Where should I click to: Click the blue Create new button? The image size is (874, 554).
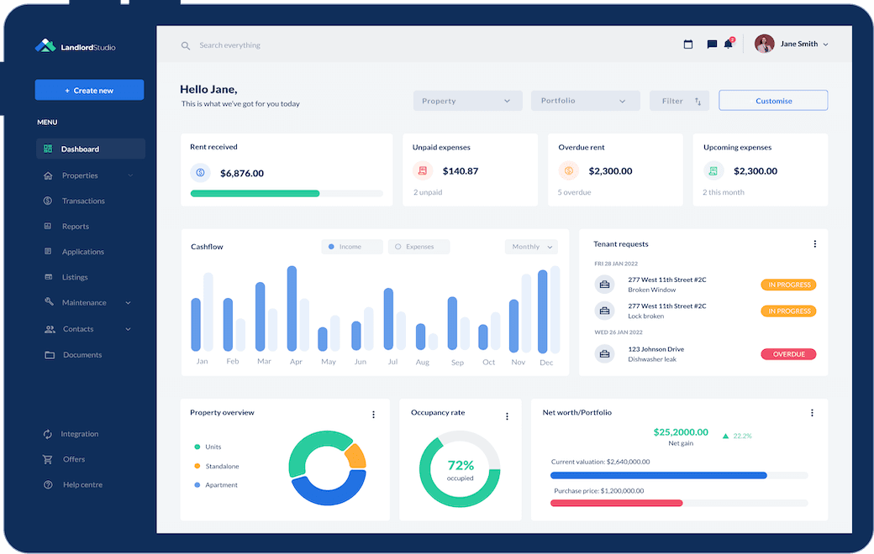coord(89,91)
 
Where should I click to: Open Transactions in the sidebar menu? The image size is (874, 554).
coord(82,201)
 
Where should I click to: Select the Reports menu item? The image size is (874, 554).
coord(75,227)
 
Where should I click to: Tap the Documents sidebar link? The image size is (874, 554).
coord(82,355)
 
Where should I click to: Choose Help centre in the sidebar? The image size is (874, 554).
coord(82,485)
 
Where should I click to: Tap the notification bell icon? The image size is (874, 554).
coord(729,44)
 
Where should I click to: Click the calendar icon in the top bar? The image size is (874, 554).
coord(688,44)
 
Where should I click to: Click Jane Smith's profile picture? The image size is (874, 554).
coord(764,44)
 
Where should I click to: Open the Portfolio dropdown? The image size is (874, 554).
coord(585,101)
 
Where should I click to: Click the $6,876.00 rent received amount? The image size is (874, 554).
coord(242,174)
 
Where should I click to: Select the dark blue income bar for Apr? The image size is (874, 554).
coord(292,308)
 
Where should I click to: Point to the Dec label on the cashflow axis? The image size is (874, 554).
coord(546,363)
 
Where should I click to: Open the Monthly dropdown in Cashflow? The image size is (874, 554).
coord(531,247)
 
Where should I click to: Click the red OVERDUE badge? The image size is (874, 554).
coord(787,354)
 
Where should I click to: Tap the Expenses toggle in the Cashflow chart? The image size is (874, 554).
coord(419,247)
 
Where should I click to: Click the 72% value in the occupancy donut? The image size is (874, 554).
coord(461,465)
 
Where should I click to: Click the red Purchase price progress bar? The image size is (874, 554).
coord(616,503)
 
